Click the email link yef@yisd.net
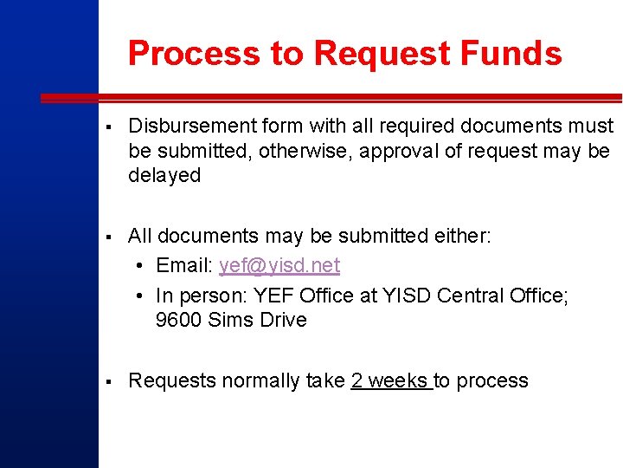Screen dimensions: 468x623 pyautogui.click(x=279, y=265)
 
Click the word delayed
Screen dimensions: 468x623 pyautogui.click(x=164, y=175)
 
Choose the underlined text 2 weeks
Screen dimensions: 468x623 pyautogui.click(x=389, y=381)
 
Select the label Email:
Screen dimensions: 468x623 pyautogui.click(x=185, y=265)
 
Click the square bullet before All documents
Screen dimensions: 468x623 pyautogui.click(x=104, y=237)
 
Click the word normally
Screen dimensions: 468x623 pyautogui.click(x=252, y=381)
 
